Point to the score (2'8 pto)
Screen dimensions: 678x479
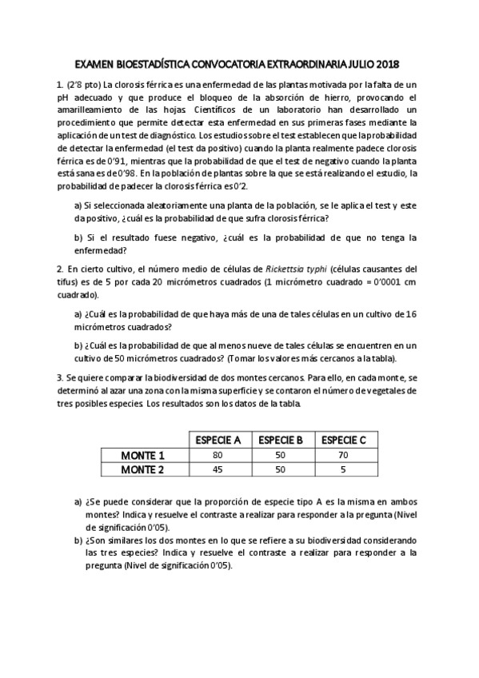84,84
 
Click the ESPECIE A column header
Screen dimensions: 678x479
218,440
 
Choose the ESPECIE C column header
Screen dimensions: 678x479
343,440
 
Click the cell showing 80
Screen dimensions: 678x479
218,456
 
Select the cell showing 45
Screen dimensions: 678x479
218,470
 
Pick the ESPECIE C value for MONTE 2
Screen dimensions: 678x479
343,470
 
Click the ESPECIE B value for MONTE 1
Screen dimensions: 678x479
280,456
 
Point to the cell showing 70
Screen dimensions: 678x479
343,456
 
